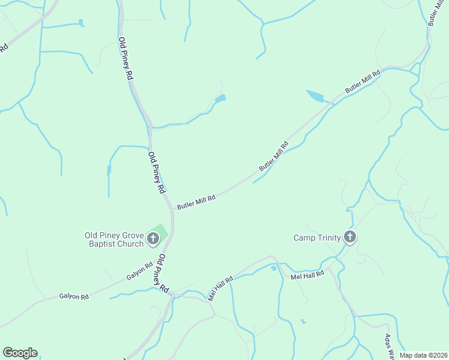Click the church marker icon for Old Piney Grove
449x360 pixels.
[153, 239]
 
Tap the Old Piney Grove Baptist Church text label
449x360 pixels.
[114, 239]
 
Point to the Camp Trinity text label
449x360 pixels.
[316, 238]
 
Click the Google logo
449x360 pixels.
[20, 353]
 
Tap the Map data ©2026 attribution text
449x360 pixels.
[424, 355]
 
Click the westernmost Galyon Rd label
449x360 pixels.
[74, 296]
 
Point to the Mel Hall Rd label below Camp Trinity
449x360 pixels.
[307, 275]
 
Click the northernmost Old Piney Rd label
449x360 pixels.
[125, 59]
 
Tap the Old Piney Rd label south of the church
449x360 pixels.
[163, 273]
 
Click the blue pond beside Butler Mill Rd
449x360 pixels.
[315, 96]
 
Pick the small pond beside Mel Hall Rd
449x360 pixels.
[274, 268]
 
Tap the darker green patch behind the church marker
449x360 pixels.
[160, 230]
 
